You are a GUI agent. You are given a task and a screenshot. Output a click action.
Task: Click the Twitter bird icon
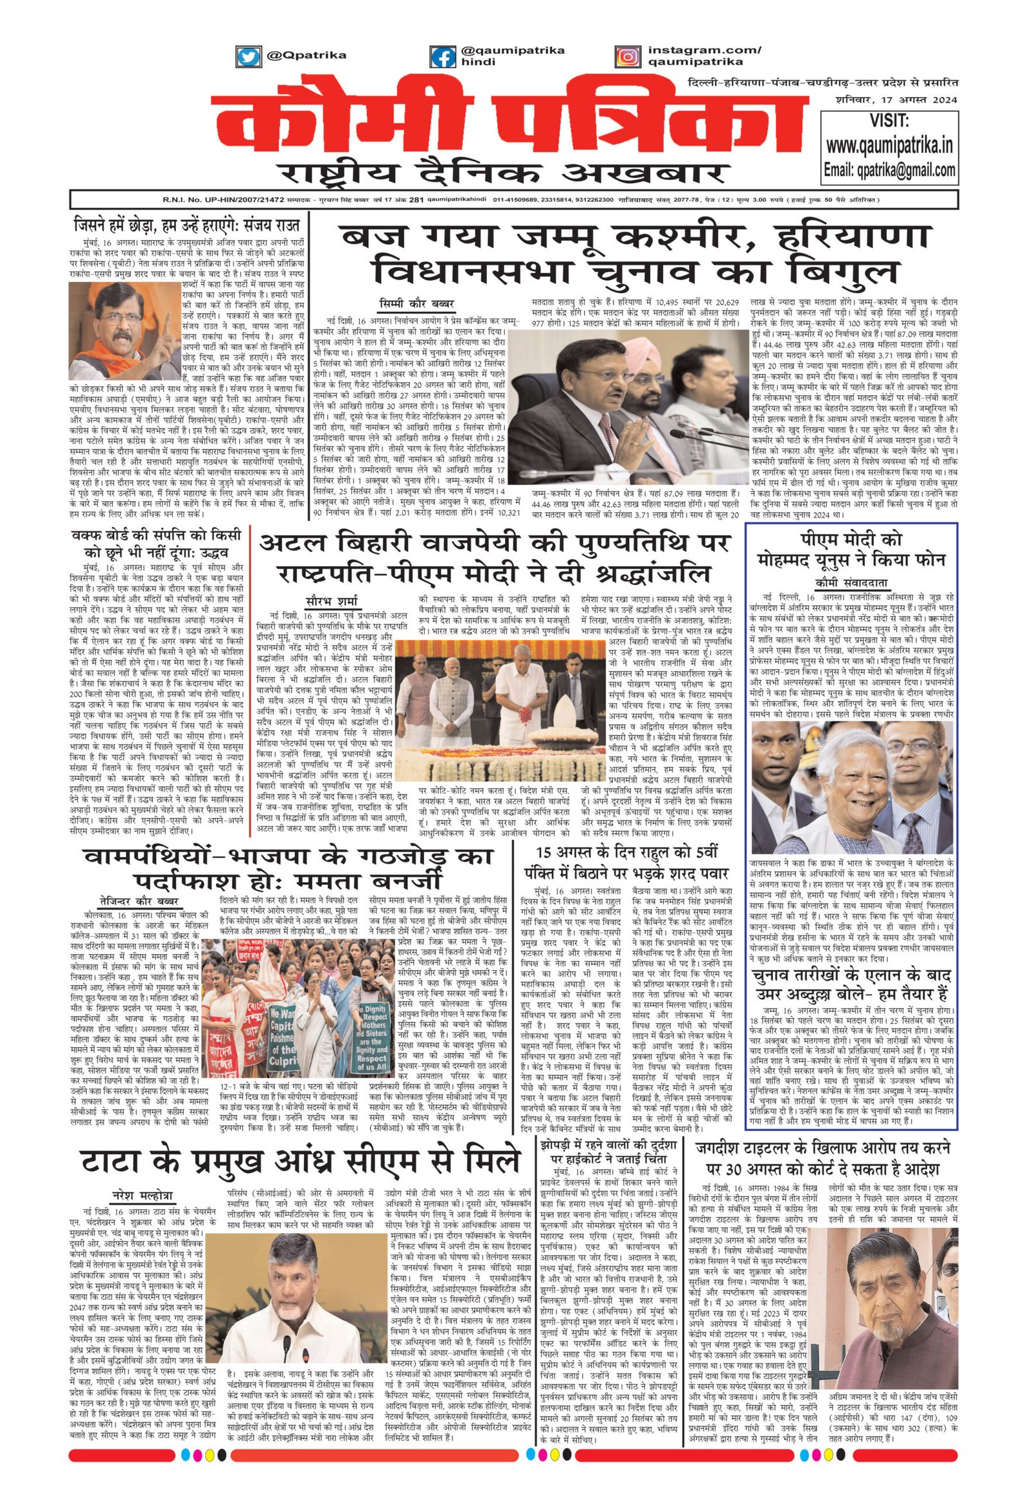248,57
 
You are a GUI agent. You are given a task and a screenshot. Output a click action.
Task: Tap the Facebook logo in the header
443,57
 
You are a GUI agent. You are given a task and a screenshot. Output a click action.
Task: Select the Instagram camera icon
626,57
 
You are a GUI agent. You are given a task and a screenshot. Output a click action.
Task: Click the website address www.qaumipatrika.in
889,146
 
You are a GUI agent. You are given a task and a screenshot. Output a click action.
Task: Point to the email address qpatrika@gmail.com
889,170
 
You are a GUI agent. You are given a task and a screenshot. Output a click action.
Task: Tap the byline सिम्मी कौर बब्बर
416,303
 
